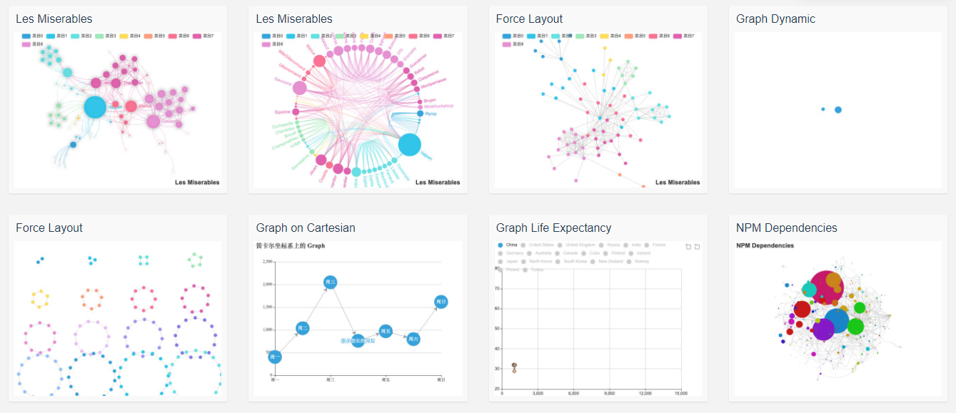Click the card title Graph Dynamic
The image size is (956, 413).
pos(775,19)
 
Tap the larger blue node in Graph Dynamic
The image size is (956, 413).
pos(838,110)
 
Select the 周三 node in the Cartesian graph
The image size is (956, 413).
pos(330,282)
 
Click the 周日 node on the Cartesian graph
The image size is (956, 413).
pos(441,302)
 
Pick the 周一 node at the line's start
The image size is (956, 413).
pos(275,357)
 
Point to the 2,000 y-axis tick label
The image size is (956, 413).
pos(267,285)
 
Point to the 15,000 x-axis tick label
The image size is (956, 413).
pos(680,394)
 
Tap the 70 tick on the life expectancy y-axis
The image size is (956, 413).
pos(495,288)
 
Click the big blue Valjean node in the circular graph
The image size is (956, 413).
pos(409,144)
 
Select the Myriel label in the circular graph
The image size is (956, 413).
pos(430,113)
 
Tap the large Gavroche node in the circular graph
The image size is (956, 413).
pos(300,88)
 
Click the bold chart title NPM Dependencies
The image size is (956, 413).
pos(765,245)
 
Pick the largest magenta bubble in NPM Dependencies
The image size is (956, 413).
pos(825,287)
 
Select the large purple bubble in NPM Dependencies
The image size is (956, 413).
pos(823,329)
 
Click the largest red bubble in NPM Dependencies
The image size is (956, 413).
pos(802,309)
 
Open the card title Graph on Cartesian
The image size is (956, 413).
pos(306,228)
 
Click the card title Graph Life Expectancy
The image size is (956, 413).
pos(553,228)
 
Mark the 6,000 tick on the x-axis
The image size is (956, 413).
pos(573,394)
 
